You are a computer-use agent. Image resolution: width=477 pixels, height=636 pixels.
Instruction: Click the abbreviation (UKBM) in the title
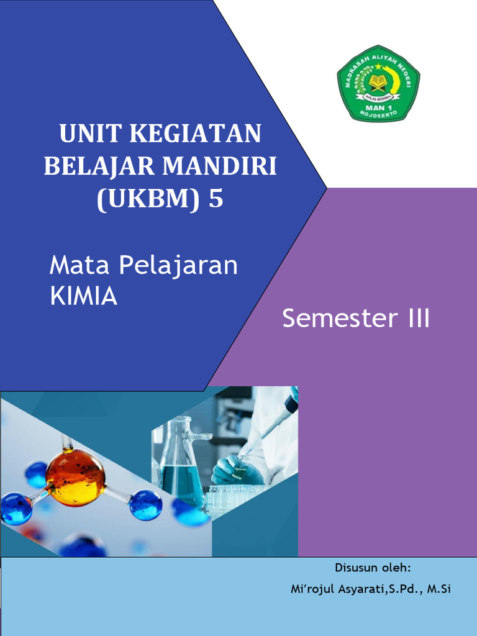point(147,199)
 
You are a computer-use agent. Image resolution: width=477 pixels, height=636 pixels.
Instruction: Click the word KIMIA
point(83,297)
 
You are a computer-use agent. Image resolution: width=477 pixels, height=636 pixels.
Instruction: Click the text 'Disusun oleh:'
point(373,568)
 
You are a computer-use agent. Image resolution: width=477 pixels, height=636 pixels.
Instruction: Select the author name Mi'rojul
point(314,589)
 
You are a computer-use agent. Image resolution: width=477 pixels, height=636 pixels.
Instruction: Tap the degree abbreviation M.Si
point(437,589)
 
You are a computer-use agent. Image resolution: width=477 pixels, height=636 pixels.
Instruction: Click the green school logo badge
point(378,83)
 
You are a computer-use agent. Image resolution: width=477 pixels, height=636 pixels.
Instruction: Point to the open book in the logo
point(378,81)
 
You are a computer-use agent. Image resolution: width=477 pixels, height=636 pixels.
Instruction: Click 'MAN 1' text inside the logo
point(378,105)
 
